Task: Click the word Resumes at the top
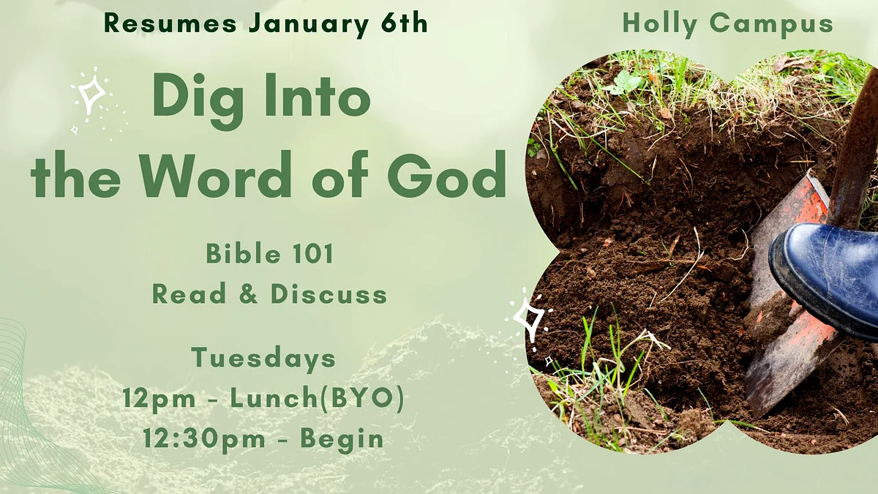pos(170,23)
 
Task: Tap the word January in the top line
pos(309,25)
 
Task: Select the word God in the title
pos(447,173)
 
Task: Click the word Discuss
pos(329,293)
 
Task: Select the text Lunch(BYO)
pos(317,399)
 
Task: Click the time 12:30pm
pos(204,438)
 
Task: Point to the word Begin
pos(342,438)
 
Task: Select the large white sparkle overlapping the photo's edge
pos(529,319)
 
